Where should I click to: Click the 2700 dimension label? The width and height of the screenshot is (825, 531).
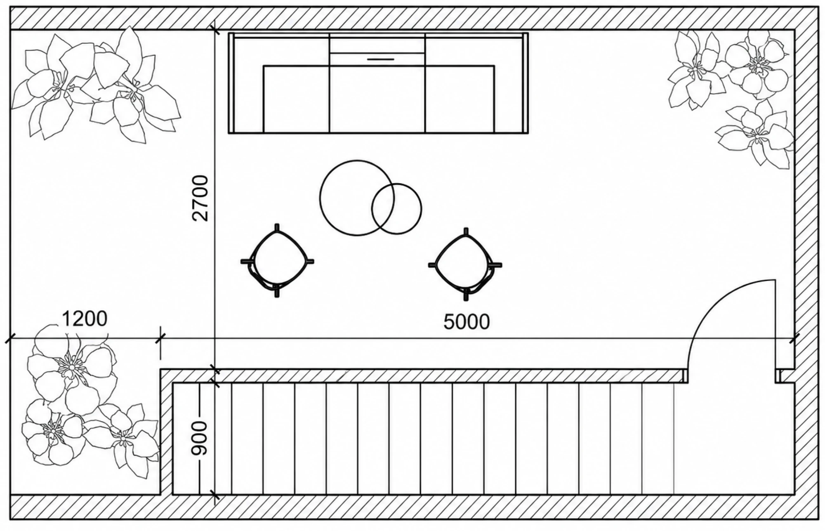202,198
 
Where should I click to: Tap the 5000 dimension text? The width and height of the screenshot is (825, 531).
467,322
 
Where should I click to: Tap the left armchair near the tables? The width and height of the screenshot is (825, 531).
277,261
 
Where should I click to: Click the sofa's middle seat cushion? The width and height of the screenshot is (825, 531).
377,99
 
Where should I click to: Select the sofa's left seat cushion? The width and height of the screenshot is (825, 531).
296,99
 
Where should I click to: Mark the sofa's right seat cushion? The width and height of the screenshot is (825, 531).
460,99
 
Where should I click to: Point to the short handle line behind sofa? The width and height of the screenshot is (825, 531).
381,59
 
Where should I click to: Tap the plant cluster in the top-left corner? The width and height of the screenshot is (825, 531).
95,85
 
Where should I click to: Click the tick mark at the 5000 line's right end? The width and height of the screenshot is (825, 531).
794,339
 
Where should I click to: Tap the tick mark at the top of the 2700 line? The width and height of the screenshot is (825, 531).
215,30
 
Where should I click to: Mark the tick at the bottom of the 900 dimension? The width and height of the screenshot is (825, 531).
215,494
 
